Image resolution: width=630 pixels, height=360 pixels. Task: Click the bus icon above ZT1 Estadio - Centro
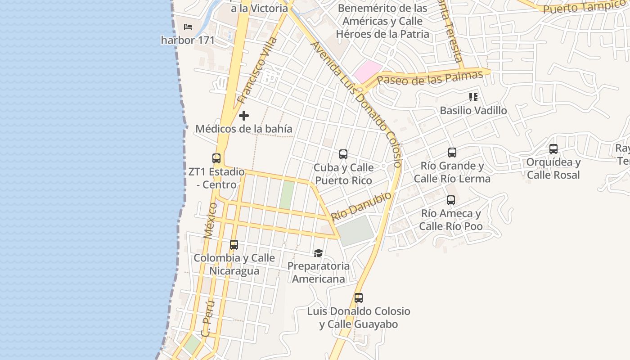coord(216,158)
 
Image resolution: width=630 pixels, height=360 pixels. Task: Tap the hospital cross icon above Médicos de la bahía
coord(244,116)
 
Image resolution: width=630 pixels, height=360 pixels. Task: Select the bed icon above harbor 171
coord(188,27)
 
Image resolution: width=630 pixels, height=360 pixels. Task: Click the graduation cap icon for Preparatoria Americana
coord(319,253)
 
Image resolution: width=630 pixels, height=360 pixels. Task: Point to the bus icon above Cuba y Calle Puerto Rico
coord(343,154)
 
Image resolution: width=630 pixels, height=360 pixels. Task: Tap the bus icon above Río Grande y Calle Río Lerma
coord(452,153)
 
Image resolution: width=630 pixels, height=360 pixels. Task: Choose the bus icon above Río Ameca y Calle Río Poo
coord(451,200)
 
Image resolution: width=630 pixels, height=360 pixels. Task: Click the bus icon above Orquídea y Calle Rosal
coord(553,149)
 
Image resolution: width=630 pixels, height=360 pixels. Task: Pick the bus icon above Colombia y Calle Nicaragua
coord(234,245)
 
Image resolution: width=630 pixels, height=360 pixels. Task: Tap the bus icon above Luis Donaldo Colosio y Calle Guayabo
coord(359,298)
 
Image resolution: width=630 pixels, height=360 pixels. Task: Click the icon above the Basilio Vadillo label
coord(473,97)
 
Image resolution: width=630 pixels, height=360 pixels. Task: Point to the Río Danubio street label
coord(361,206)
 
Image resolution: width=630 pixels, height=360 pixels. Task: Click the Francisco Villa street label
coord(257,71)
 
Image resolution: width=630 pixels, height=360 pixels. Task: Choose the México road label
coord(210,220)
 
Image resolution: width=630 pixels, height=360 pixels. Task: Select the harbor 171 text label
coord(188,40)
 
